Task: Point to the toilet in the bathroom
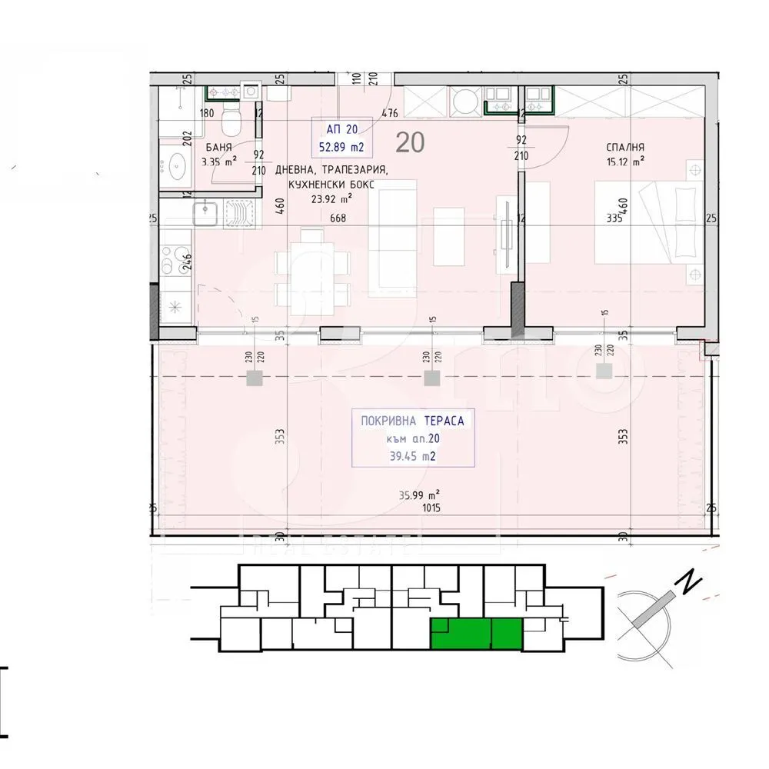point(230,121)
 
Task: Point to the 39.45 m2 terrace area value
point(414,456)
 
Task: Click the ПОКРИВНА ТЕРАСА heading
point(414,421)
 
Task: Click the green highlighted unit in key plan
point(476,633)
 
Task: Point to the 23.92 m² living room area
point(331,197)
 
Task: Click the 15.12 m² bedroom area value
point(624,161)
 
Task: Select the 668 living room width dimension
point(338,218)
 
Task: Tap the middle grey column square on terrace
point(430,378)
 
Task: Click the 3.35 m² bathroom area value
point(219,161)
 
